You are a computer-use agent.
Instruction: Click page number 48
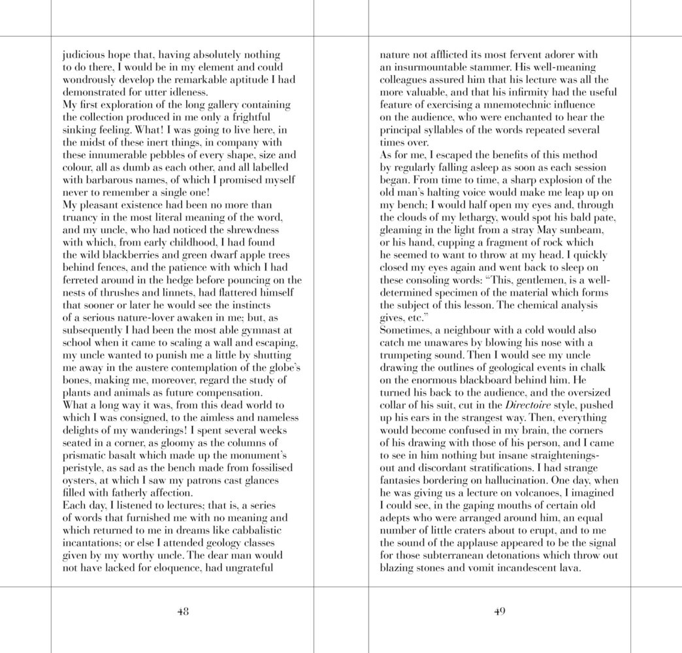[183, 612]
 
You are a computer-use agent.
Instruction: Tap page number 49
[499, 612]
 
